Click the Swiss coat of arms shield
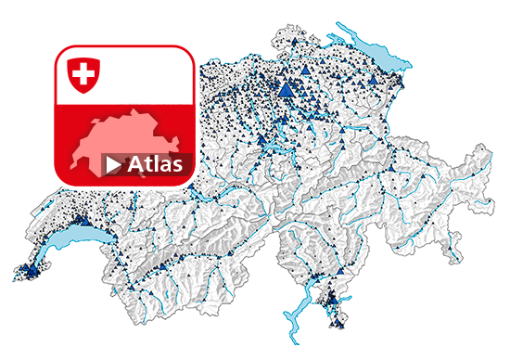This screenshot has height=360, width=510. [x=83, y=73]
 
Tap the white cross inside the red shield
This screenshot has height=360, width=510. [x=83, y=72]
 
